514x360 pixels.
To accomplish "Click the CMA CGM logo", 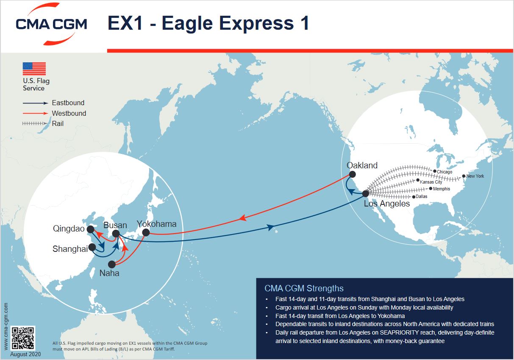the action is coord(51,24).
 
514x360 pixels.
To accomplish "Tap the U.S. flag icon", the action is coord(34,69).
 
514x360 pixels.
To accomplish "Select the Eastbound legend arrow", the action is coord(35,103).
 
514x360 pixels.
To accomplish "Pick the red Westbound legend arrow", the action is coord(35,113).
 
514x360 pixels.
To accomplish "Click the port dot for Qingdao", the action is coord(90,229).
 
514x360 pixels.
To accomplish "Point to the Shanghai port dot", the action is coord(92,247).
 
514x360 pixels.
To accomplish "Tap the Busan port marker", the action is coord(116,234).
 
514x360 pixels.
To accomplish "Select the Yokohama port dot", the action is coord(146,232).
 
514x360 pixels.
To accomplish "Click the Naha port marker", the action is coord(112,265).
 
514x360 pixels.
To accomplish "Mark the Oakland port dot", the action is coord(353,174).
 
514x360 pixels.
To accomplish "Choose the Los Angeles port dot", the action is coord(366,194).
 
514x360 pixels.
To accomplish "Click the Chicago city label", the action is coord(445,172).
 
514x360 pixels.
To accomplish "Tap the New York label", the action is coord(475,176).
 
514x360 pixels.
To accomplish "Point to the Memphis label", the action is coord(442,189).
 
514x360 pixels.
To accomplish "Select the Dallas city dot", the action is coord(414,197).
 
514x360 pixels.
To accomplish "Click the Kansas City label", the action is coord(431,182).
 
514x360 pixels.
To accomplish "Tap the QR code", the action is coord(23,338).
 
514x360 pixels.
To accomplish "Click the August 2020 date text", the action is coord(25,354).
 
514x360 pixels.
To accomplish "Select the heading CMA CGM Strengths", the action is coord(304,288).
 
